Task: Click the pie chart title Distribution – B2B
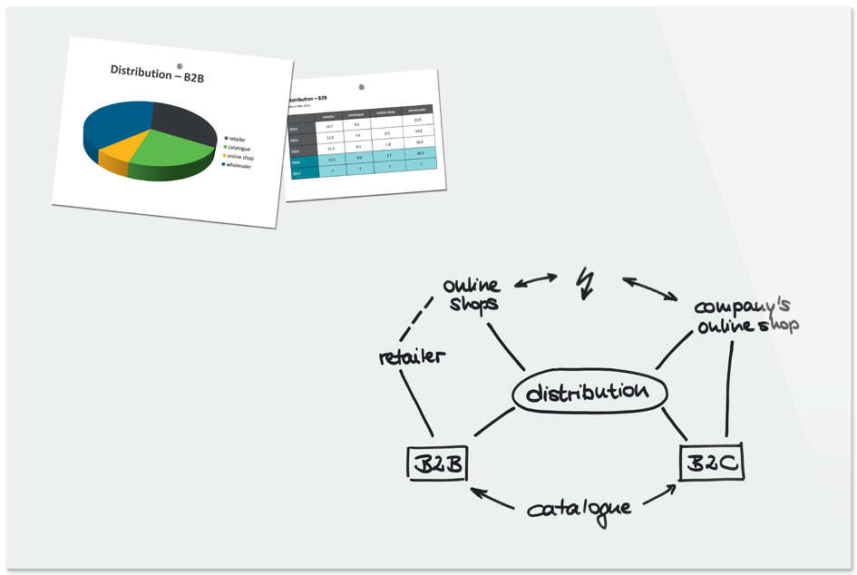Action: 157,73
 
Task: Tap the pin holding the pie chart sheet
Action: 180,65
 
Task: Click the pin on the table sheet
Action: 362,87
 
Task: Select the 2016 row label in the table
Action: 296,162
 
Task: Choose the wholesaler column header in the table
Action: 417,110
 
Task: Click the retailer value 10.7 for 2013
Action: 329,127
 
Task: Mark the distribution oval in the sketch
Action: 589,393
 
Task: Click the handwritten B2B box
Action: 436,465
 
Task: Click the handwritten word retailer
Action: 412,356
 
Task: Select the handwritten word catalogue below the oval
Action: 579,508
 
